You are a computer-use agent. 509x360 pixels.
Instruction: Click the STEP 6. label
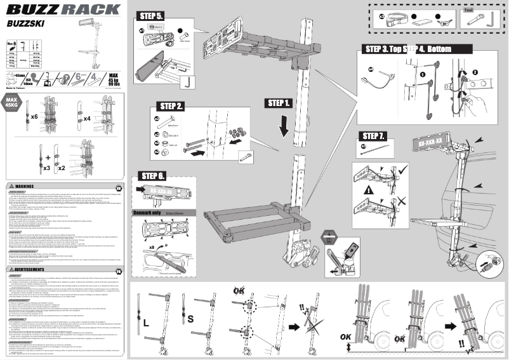click(x=153, y=176)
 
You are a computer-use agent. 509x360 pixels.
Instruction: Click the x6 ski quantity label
click(x=35, y=118)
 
